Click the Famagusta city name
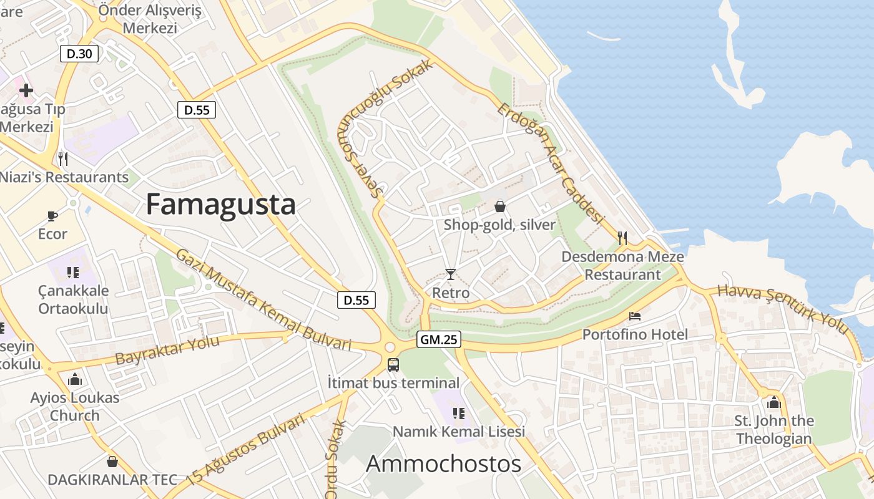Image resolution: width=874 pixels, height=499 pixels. pos(220,205)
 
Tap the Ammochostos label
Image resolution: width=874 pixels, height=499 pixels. pos(443,464)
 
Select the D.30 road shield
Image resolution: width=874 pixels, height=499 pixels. pos(79,54)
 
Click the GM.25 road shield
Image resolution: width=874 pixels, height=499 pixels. pos(438,339)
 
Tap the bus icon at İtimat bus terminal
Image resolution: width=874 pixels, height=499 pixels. pos(393,365)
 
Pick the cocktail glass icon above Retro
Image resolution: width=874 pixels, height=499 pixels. pos(451,274)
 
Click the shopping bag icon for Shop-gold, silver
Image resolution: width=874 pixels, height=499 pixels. pos(500,206)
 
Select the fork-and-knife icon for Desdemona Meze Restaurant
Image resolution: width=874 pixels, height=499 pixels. pos(622,238)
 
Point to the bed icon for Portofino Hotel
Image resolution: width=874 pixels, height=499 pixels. pos(635,316)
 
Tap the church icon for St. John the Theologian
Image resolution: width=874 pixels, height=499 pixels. pos(774,402)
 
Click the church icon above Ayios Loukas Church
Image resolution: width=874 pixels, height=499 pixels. pos(75,379)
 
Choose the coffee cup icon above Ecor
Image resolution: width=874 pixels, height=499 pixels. pos(52,216)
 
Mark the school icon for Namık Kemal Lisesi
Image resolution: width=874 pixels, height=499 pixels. pos(458,413)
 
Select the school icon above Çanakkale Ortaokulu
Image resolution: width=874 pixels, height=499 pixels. pos(73,272)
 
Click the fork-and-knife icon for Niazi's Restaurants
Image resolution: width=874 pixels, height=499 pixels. pos(62,158)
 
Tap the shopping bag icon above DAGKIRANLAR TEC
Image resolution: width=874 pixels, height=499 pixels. pos(112,462)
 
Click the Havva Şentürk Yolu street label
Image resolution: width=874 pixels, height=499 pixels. pos(783,309)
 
